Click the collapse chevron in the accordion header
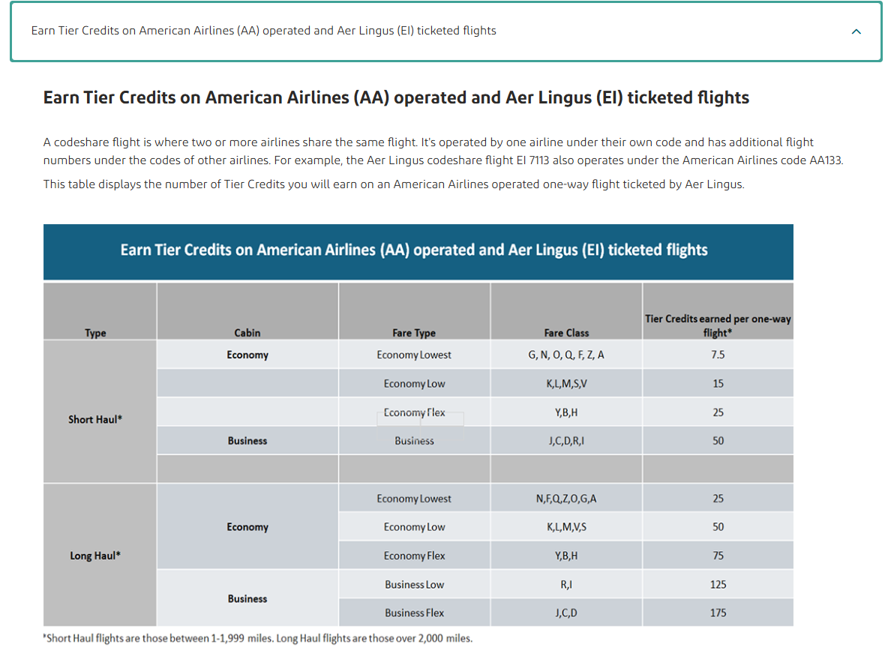coord(856,31)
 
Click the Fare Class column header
coord(566,333)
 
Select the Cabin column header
coord(247,333)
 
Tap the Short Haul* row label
coord(95,419)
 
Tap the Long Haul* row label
coord(95,556)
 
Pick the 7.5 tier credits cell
coord(718,355)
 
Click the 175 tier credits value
coord(718,613)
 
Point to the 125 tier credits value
coord(718,584)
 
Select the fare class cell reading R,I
coord(566,584)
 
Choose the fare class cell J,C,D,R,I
coord(566,441)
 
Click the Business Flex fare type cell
coord(414,613)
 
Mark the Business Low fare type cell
coord(414,584)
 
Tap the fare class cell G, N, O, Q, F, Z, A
coord(566,355)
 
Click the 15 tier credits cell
coord(718,383)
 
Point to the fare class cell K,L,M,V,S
coord(566,527)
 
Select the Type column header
coord(95,333)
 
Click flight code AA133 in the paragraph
coord(823,160)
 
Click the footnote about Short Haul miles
coord(258,639)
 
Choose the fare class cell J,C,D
coord(566,613)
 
